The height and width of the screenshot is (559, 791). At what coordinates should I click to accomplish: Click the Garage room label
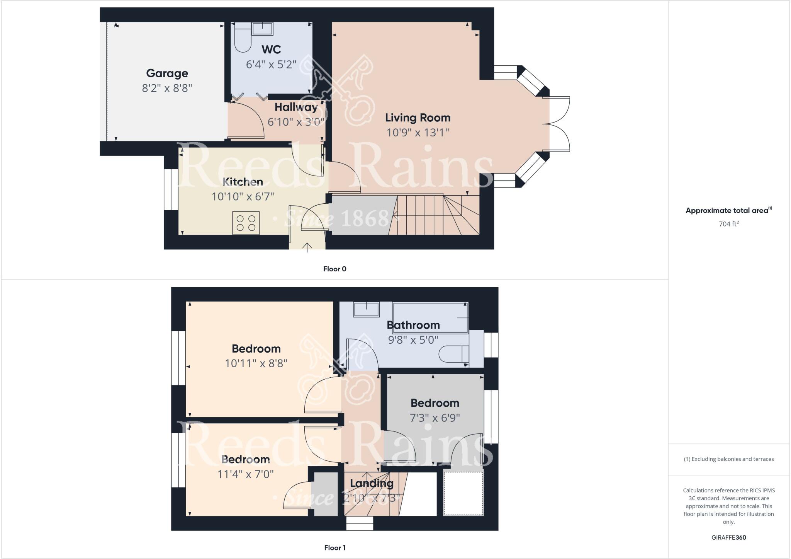[x=167, y=73]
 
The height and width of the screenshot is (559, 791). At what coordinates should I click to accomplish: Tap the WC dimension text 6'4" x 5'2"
[x=271, y=64]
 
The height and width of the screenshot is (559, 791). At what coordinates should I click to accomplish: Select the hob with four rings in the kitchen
[x=246, y=223]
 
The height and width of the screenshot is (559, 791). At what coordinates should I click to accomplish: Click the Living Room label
[x=418, y=118]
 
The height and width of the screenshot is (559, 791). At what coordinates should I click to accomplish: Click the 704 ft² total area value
[x=728, y=224]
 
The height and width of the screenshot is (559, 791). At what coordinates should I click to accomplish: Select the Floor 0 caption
[x=334, y=269]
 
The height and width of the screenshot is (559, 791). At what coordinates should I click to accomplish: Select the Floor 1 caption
[x=334, y=548]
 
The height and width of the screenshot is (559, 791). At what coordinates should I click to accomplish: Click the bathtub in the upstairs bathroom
[x=430, y=317]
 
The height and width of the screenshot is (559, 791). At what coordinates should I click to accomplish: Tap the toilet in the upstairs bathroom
[x=453, y=354]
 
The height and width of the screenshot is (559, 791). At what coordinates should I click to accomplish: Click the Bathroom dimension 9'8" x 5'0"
[x=413, y=340]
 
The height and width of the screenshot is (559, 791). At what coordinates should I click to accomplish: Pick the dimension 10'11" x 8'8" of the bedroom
[x=256, y=363]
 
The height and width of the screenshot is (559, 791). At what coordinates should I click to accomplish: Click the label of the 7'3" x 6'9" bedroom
[x=435, y=403]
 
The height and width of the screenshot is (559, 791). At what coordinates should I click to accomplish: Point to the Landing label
[x=372, y=483]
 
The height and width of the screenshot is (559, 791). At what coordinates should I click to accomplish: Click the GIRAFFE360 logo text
[x=728, y=537]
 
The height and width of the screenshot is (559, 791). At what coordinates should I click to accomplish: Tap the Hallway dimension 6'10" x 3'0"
[x=296, y=122]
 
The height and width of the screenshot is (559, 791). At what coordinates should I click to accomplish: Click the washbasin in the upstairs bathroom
[x=367, y=310]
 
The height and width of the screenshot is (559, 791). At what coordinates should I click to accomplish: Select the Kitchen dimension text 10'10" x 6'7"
[x=243, y=196]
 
